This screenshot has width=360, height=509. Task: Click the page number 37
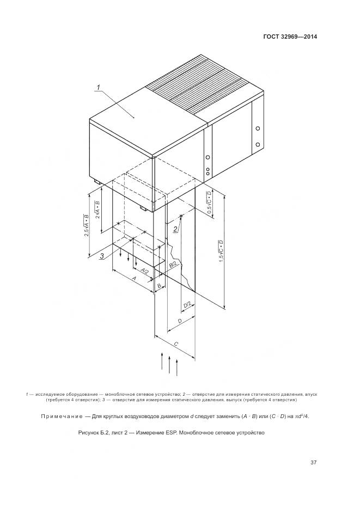click(314, 463)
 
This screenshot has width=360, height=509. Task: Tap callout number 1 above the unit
click(99, 87)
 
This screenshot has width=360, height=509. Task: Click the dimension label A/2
click(144, 271)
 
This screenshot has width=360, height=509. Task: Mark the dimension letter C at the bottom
click(175, 344)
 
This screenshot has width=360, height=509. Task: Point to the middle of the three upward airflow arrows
click(169, 365)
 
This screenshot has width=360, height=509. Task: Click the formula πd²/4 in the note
click(301, 416)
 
